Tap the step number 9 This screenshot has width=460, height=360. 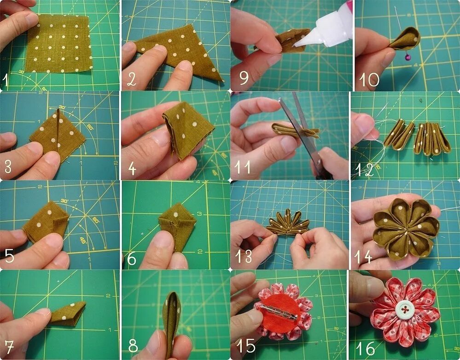[x=244, y=77]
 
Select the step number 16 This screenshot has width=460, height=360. [x=365, y=348]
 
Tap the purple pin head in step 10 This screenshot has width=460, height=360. [x=408, y=57]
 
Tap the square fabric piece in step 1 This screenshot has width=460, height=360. [x=59, y=43]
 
